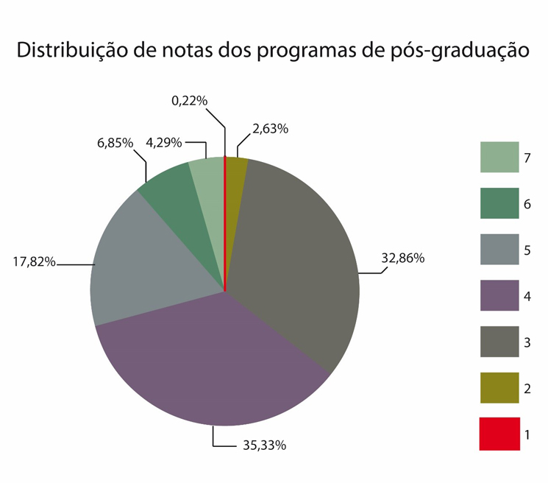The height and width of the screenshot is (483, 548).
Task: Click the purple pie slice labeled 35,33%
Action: [213, 361]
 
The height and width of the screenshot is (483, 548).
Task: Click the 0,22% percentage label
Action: [189, 101]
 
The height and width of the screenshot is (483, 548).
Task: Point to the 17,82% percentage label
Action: [34, 261]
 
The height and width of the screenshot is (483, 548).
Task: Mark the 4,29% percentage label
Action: [164, 143]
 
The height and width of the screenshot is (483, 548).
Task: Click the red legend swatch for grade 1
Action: [498, 434]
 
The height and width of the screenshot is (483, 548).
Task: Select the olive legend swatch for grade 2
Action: [498, 388]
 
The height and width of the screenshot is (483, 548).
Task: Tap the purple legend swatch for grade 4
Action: [498, 296]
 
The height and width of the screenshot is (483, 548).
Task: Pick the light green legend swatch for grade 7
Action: [498, 158]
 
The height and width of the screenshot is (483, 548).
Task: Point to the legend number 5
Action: [527, 250]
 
